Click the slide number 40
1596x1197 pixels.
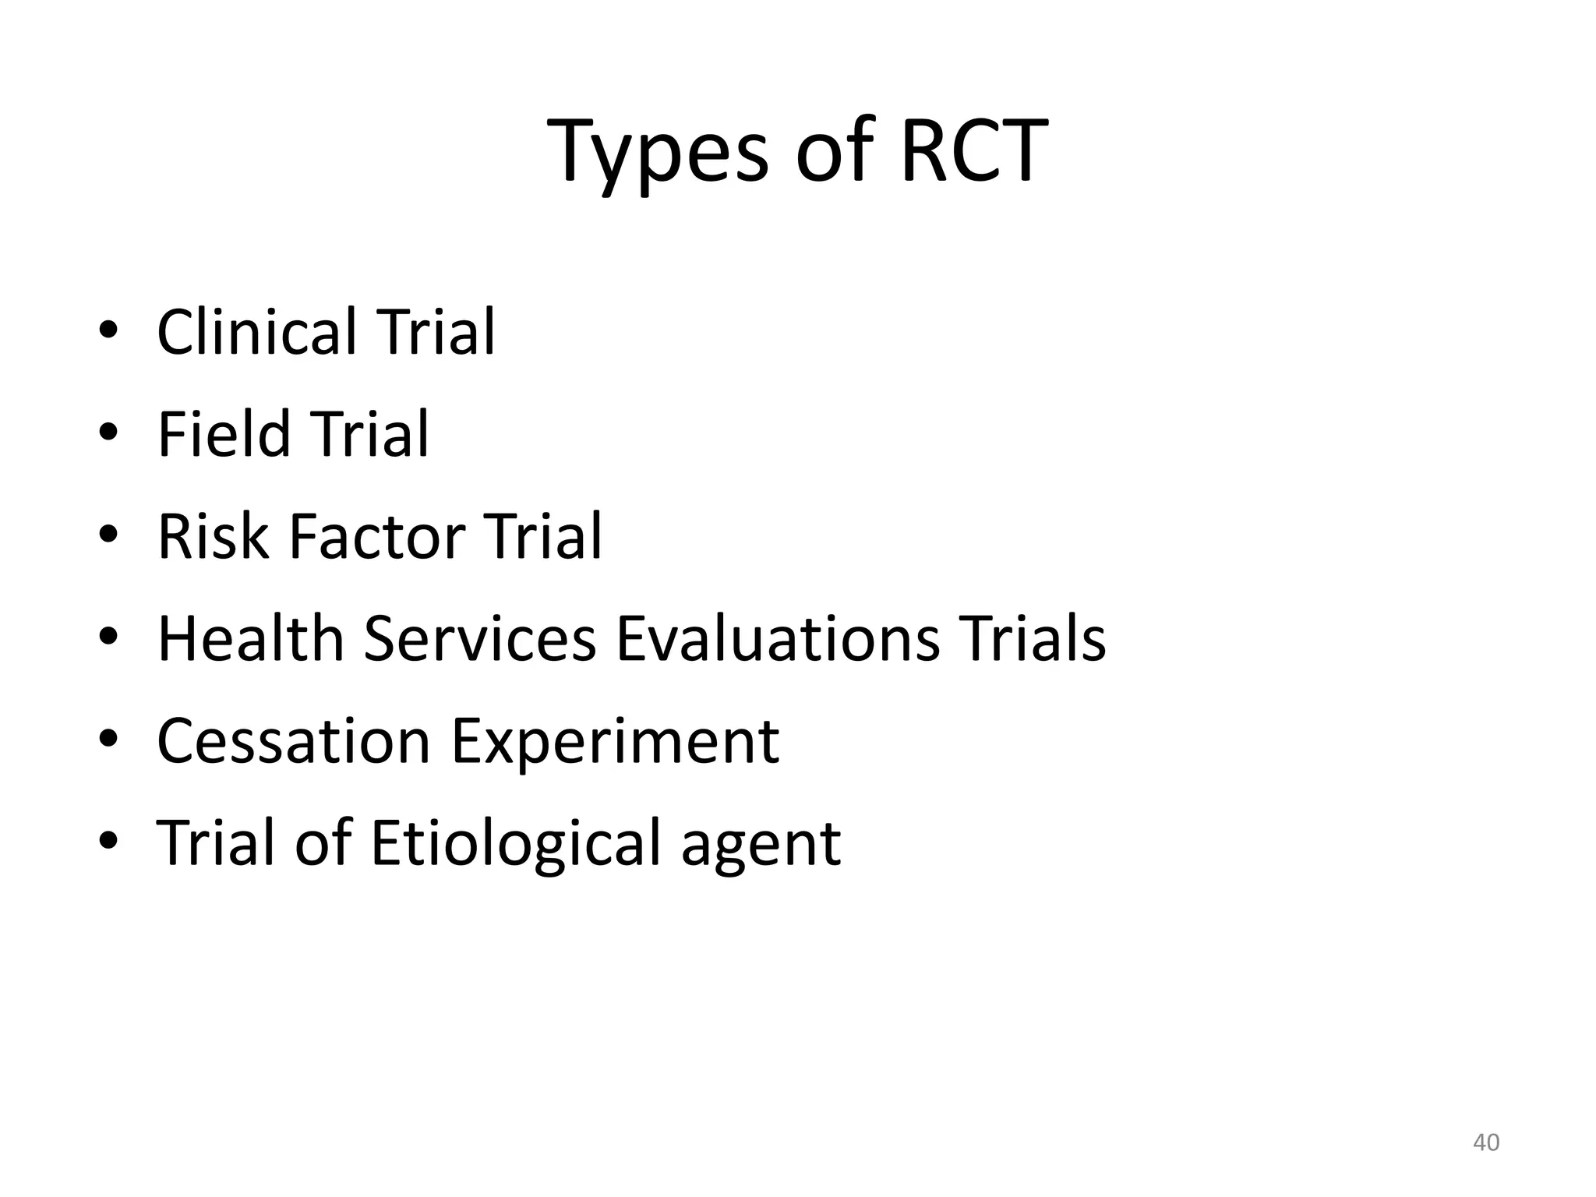point(1486,1142)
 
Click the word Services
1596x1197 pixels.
point(479,639)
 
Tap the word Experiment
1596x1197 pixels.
point(616,741)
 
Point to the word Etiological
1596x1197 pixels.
point(515,843)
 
